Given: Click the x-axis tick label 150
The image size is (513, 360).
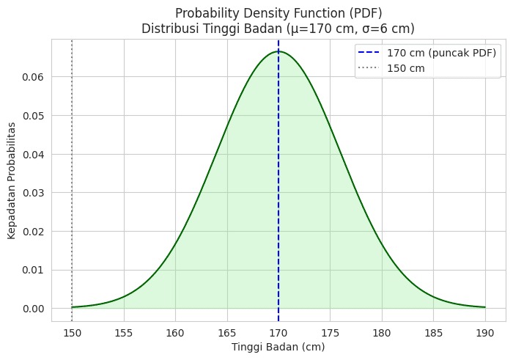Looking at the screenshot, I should [x=72, y=331].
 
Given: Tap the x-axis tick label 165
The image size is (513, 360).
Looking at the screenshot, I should [x=226, y=331].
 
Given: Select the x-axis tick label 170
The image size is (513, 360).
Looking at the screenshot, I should [x=278, y=331].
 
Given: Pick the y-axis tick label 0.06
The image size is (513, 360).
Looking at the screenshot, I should [x=52, y=77].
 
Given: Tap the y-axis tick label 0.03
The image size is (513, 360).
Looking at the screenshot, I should [x=52, y=193].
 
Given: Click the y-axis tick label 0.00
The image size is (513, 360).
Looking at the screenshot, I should [x=52, y=308].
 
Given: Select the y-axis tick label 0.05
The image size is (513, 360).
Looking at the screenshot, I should [x=52, y=116].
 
